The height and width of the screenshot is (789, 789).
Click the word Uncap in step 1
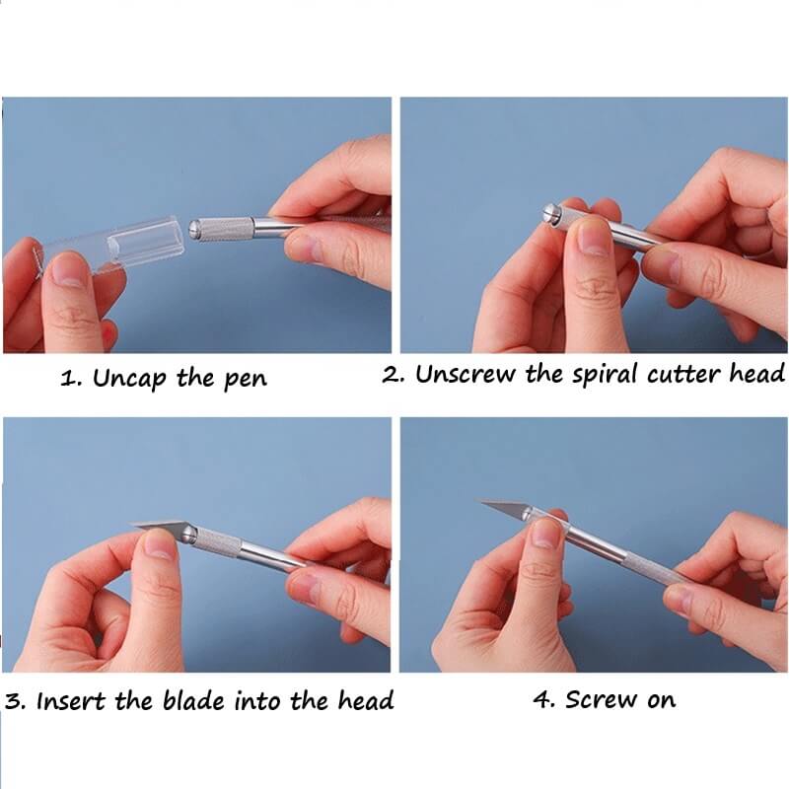[129, 379]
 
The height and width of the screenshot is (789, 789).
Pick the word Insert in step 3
[71, 701]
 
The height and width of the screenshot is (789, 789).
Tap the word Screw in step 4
[601, 699]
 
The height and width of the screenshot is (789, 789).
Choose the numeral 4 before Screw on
[542, 700]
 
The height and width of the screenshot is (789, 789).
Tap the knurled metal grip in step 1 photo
[225, 230]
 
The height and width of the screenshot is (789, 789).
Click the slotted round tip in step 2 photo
[550, 213]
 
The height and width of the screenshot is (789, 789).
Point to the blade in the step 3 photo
[158, 527]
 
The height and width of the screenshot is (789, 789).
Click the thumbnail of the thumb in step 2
[594, 238]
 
